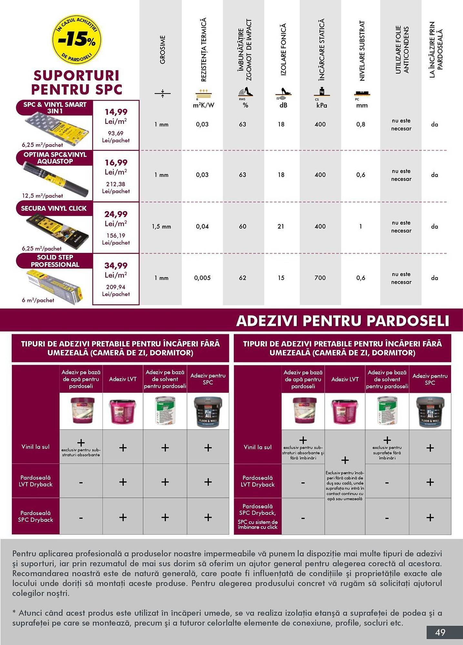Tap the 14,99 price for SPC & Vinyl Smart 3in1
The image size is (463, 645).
tap(116, 112)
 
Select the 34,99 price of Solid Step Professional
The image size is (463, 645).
tap(116, 265)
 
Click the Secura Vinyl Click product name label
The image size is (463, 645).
tap(54, 208)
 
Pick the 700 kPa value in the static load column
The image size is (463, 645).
tap(320, 278)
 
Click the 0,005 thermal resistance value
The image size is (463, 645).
tap(202, 278)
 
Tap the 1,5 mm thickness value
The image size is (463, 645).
tap(161, 226)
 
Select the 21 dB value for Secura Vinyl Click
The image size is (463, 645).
tap(281, 226)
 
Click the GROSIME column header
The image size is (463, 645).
tap(162, 50)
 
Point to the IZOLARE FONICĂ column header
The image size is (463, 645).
tap(283, 50)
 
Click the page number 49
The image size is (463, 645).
tap(440, 632)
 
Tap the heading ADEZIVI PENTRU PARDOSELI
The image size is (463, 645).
tap(343, 321)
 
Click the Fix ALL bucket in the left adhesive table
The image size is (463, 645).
tap(208, 411)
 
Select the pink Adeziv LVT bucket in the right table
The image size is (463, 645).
tap(345, 412)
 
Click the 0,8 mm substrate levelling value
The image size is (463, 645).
tap(361, 124)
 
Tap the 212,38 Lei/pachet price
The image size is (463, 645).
tap(116, 184)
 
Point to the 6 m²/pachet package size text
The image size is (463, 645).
tap(38, 300)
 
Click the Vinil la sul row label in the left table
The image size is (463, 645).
tap(35, 447)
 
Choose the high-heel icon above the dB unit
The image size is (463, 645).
tap(283, 92)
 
